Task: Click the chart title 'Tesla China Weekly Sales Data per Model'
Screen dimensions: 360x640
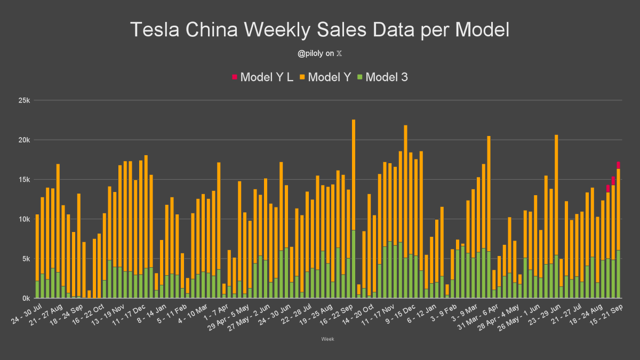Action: click(x=320, y=30)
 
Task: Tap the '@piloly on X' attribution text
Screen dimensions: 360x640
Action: click(x=320, y=53)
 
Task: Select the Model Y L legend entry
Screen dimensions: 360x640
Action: click(x=262, y=77)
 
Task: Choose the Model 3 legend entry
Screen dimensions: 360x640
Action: click(x=382, y=77)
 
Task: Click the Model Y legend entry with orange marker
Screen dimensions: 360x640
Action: click(x=325, y=77)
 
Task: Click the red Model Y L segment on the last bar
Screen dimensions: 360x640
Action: click(x=618, y=165)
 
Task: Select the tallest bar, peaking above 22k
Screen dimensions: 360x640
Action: click(x=354, y=208)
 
